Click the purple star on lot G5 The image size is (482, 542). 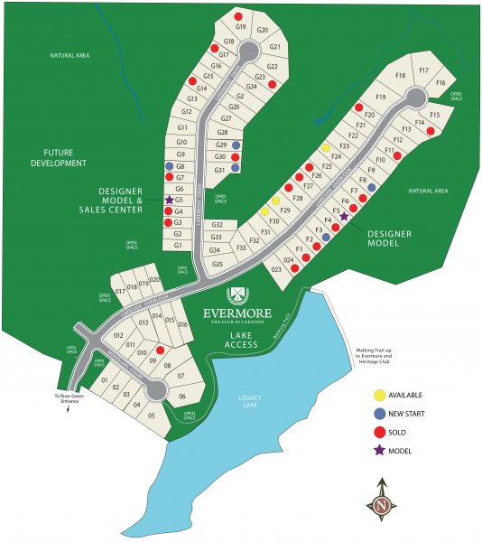[169, 200]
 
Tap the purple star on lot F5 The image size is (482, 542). [344, 217]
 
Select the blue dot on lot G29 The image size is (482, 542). [236, 145]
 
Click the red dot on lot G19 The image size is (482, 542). [237, 16]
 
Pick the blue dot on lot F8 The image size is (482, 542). [371, 188]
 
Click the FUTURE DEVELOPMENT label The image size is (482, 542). [57, 157]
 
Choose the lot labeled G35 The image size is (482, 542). [217, 264]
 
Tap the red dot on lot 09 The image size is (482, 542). [160, 350]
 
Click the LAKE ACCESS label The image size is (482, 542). [240, 340]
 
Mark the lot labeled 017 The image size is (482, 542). [120, 292]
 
